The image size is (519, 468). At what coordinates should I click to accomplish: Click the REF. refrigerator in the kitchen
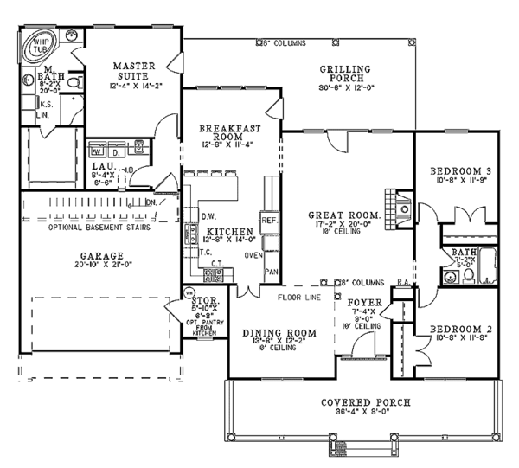coord(268,221)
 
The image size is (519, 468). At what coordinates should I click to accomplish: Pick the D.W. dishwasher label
coord(208,215)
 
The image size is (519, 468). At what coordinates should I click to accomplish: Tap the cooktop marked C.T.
coord(213,274)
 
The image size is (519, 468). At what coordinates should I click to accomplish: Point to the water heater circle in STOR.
coord(191,292)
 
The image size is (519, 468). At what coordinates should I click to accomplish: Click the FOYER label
coord(360,304)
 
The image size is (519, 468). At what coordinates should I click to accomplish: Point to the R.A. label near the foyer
coord(402,282)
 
